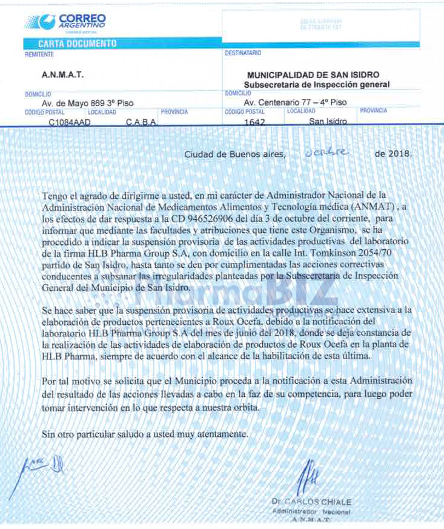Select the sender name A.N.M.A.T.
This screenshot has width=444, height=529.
tap(62, 75)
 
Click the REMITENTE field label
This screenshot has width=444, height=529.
tap(39, 54)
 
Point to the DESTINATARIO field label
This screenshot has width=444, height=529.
tap(243, 53)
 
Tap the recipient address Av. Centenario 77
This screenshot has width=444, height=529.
tap(295, 103)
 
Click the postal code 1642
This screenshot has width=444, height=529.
tap(254, 122)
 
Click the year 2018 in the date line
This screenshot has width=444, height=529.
tap(399, 154)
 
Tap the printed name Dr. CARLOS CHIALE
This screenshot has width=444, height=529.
tap(311, 502)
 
